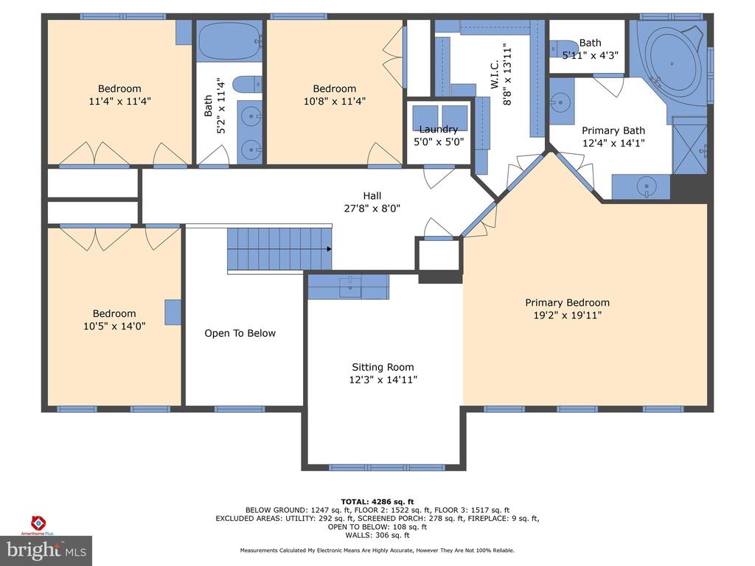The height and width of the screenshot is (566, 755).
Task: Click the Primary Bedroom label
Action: click(x=567, y=303)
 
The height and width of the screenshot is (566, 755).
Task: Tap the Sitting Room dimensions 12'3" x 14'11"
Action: click(x=383, y=380)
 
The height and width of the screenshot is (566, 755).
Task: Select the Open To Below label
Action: click(x=240, y=333)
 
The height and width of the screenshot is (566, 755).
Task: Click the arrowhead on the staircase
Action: click(x=330, y=249)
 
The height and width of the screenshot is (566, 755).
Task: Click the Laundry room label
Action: click(x=438, y=129)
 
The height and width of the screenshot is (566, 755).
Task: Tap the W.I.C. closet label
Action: click(x=495, y=74)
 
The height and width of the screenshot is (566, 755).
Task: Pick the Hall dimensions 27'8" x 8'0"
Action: click(x=372, y=209)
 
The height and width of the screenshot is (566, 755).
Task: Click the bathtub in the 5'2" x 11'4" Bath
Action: click(x=229, y=41)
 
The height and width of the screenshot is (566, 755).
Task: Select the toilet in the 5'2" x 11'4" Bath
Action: click(x=247, y=84)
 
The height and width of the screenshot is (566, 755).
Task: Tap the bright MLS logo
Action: click(x=46, y=550)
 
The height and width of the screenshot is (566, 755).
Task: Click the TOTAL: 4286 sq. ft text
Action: click(x=377, y=501)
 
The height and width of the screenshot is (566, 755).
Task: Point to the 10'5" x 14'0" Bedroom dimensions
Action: click(x=114, y=326)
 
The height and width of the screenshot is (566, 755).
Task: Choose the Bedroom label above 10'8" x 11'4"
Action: click(x=335, y=88)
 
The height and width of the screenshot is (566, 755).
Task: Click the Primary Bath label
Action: click(x=613, y=130)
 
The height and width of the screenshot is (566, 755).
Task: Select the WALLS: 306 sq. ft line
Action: click(x=377, y=535)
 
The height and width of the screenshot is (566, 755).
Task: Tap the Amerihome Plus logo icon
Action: click(x=38, y=523)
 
